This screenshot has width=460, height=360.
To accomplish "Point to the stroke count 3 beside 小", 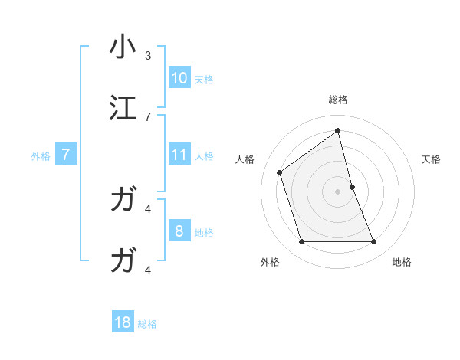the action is [148, 56].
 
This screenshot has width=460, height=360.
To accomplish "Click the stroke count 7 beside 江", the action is [148, 116].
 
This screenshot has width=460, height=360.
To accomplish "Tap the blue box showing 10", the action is [179, 78].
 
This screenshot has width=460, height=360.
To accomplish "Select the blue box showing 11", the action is [179, 155].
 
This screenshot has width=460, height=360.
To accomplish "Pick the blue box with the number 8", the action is [179, 231].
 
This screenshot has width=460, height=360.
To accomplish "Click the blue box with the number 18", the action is [123, 322].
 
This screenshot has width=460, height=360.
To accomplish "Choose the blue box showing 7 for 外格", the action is [67, 155].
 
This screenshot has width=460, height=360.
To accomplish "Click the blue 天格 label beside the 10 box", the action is [203, 79].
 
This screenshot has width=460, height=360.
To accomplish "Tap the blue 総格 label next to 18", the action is [147, 324].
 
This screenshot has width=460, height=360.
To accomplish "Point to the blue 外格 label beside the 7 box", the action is [41, 156].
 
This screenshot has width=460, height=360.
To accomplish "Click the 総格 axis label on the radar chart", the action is [338, 100].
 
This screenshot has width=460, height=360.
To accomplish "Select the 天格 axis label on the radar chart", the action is [432, 159].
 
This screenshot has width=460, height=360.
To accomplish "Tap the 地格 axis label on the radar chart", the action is [402, 262].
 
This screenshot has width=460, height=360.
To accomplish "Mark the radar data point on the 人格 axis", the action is [280, 172].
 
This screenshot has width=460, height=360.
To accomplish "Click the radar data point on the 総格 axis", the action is [338, 130].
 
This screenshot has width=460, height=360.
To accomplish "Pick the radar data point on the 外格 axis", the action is [301, 242].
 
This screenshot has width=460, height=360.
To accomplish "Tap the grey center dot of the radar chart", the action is [338, 191].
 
